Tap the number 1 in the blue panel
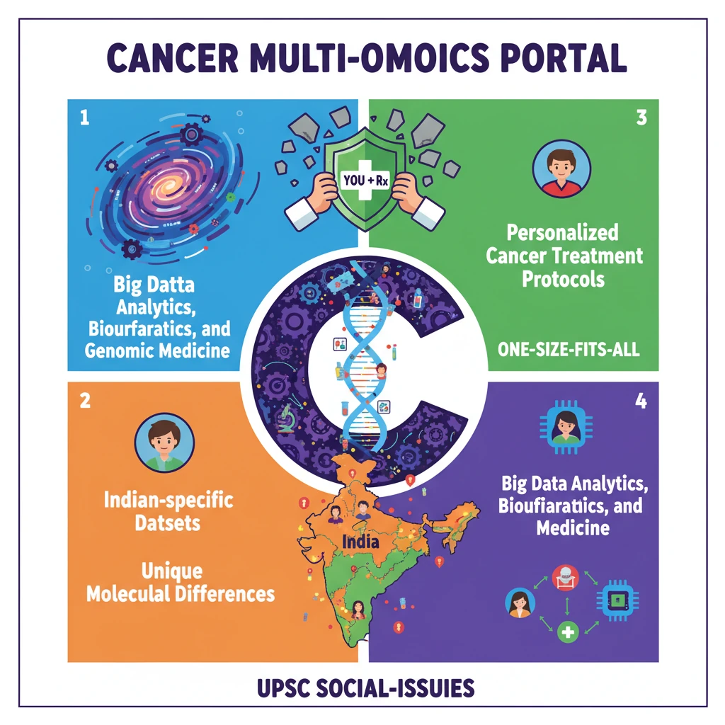pos(85,118)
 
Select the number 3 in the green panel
pos(641,118)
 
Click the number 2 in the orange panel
pos(85,401)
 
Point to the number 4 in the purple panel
pos(641,401)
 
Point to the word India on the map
pos(360,543)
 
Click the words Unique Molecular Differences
pos(180,582)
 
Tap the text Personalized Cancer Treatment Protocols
pos(564,255)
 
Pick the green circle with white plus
pos(566,632)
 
